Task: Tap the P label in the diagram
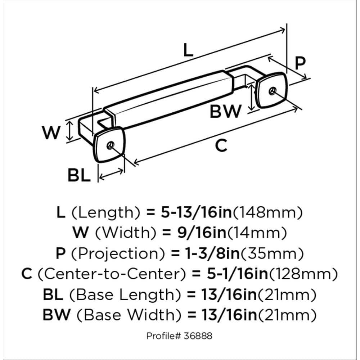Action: tap(300, 64)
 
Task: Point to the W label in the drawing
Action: tap(51, 133)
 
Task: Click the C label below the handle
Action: tap(221, 146)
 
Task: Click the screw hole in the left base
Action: tap(111, 145)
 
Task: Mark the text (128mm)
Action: tap(305, 274)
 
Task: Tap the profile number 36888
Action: tap(200, 336)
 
